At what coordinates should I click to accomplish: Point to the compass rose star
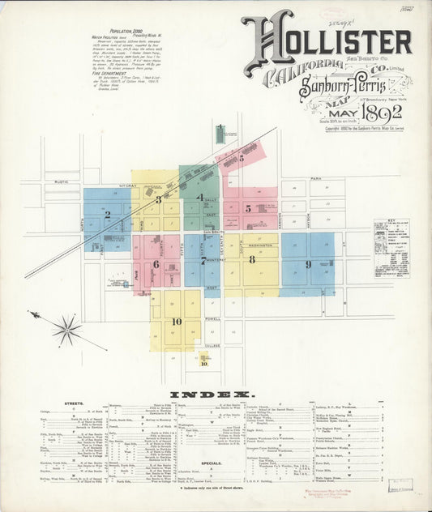[x=66, y=329]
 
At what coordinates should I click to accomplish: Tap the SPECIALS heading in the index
[x=212, y=463]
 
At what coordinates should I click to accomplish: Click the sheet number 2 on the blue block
[x=107, y=215]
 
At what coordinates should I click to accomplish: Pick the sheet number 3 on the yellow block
[x=159, y=198]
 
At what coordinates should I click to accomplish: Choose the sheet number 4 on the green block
[x=199, y=196]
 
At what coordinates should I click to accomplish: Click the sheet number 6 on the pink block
[x=155, y=263]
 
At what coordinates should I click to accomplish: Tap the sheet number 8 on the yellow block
[x=252, y=259]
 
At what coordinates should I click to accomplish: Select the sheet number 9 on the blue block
[x=307, y=264]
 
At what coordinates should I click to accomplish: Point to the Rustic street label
[x=62, y=182]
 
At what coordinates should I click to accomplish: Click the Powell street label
[x=212, y=318]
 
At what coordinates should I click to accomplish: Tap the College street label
[x=212, y=346]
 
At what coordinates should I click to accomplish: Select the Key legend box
[x=391, y=248]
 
